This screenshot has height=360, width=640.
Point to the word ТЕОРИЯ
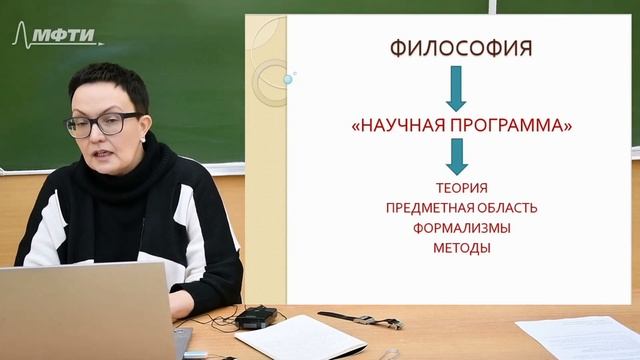pos(461,187)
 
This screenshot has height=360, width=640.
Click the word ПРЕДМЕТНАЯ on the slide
pos(429,207)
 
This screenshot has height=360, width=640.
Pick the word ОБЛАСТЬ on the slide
pos(506,207)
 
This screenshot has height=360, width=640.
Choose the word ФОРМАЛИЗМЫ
pos(461,227)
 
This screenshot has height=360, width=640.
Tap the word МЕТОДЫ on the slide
pos(461,247)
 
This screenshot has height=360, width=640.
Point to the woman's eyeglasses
pos(103,125)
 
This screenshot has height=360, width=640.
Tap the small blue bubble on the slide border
pos(289,78)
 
